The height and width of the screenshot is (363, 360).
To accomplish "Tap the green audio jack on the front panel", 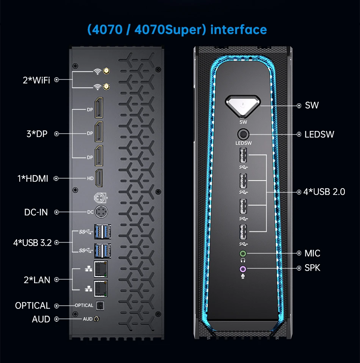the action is [243, 253].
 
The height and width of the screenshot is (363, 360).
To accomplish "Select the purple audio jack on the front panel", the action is [243, 268].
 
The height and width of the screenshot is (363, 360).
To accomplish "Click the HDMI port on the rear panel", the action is [99, 178].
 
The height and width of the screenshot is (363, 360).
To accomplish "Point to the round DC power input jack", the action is [101, 212].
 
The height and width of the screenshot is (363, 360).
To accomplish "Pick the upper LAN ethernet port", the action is [100, 268].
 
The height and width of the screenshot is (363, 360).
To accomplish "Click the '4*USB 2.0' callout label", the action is [324, 192].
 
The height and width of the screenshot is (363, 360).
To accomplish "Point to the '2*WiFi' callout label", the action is [36, 80].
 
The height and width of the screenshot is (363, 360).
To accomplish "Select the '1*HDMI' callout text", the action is [33, 178].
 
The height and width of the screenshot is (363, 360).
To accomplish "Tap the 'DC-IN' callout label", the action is [36, 212].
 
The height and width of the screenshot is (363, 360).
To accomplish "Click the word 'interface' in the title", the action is [238, 30].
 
